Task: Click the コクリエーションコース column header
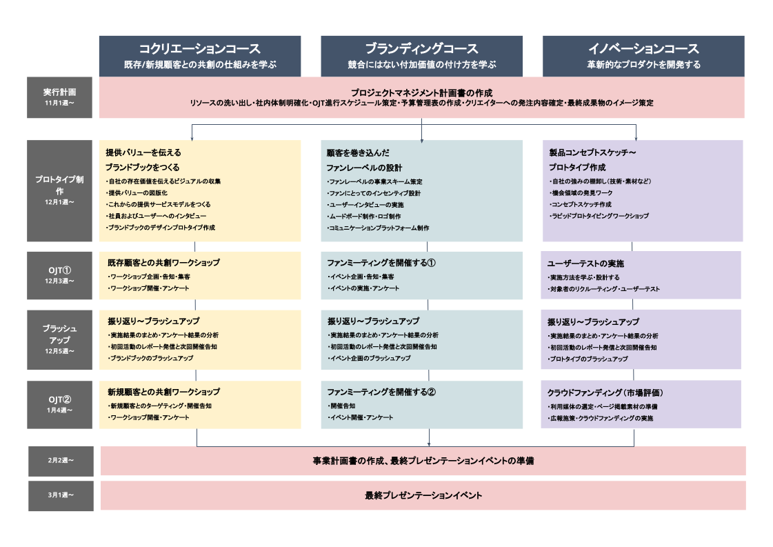[x=200, y=56]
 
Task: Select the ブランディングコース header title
[x=421, y=49]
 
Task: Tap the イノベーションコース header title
[x=643, y=49]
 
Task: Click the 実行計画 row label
[x=59, y=97]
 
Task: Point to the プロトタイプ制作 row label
[x=59, y=191]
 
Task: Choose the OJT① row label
[x=59, y=275]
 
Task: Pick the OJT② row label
[x=59, y=404]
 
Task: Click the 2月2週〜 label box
[x=61, y=461]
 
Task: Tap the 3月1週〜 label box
[x=61, y=495]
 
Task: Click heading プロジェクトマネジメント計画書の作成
[x=421, y=92]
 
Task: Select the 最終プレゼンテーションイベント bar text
[x=423, y=495]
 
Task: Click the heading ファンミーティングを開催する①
[x=381, y=263]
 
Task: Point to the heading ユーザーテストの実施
[x=585, y=264]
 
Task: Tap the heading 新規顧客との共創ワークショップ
[x=163, y=392]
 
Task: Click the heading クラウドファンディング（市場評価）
[x=605, y=393]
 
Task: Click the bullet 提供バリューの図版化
[x=137, y=193]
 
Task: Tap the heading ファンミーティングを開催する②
[x=381, y=392]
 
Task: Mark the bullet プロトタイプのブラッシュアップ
[x=588, y=359]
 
